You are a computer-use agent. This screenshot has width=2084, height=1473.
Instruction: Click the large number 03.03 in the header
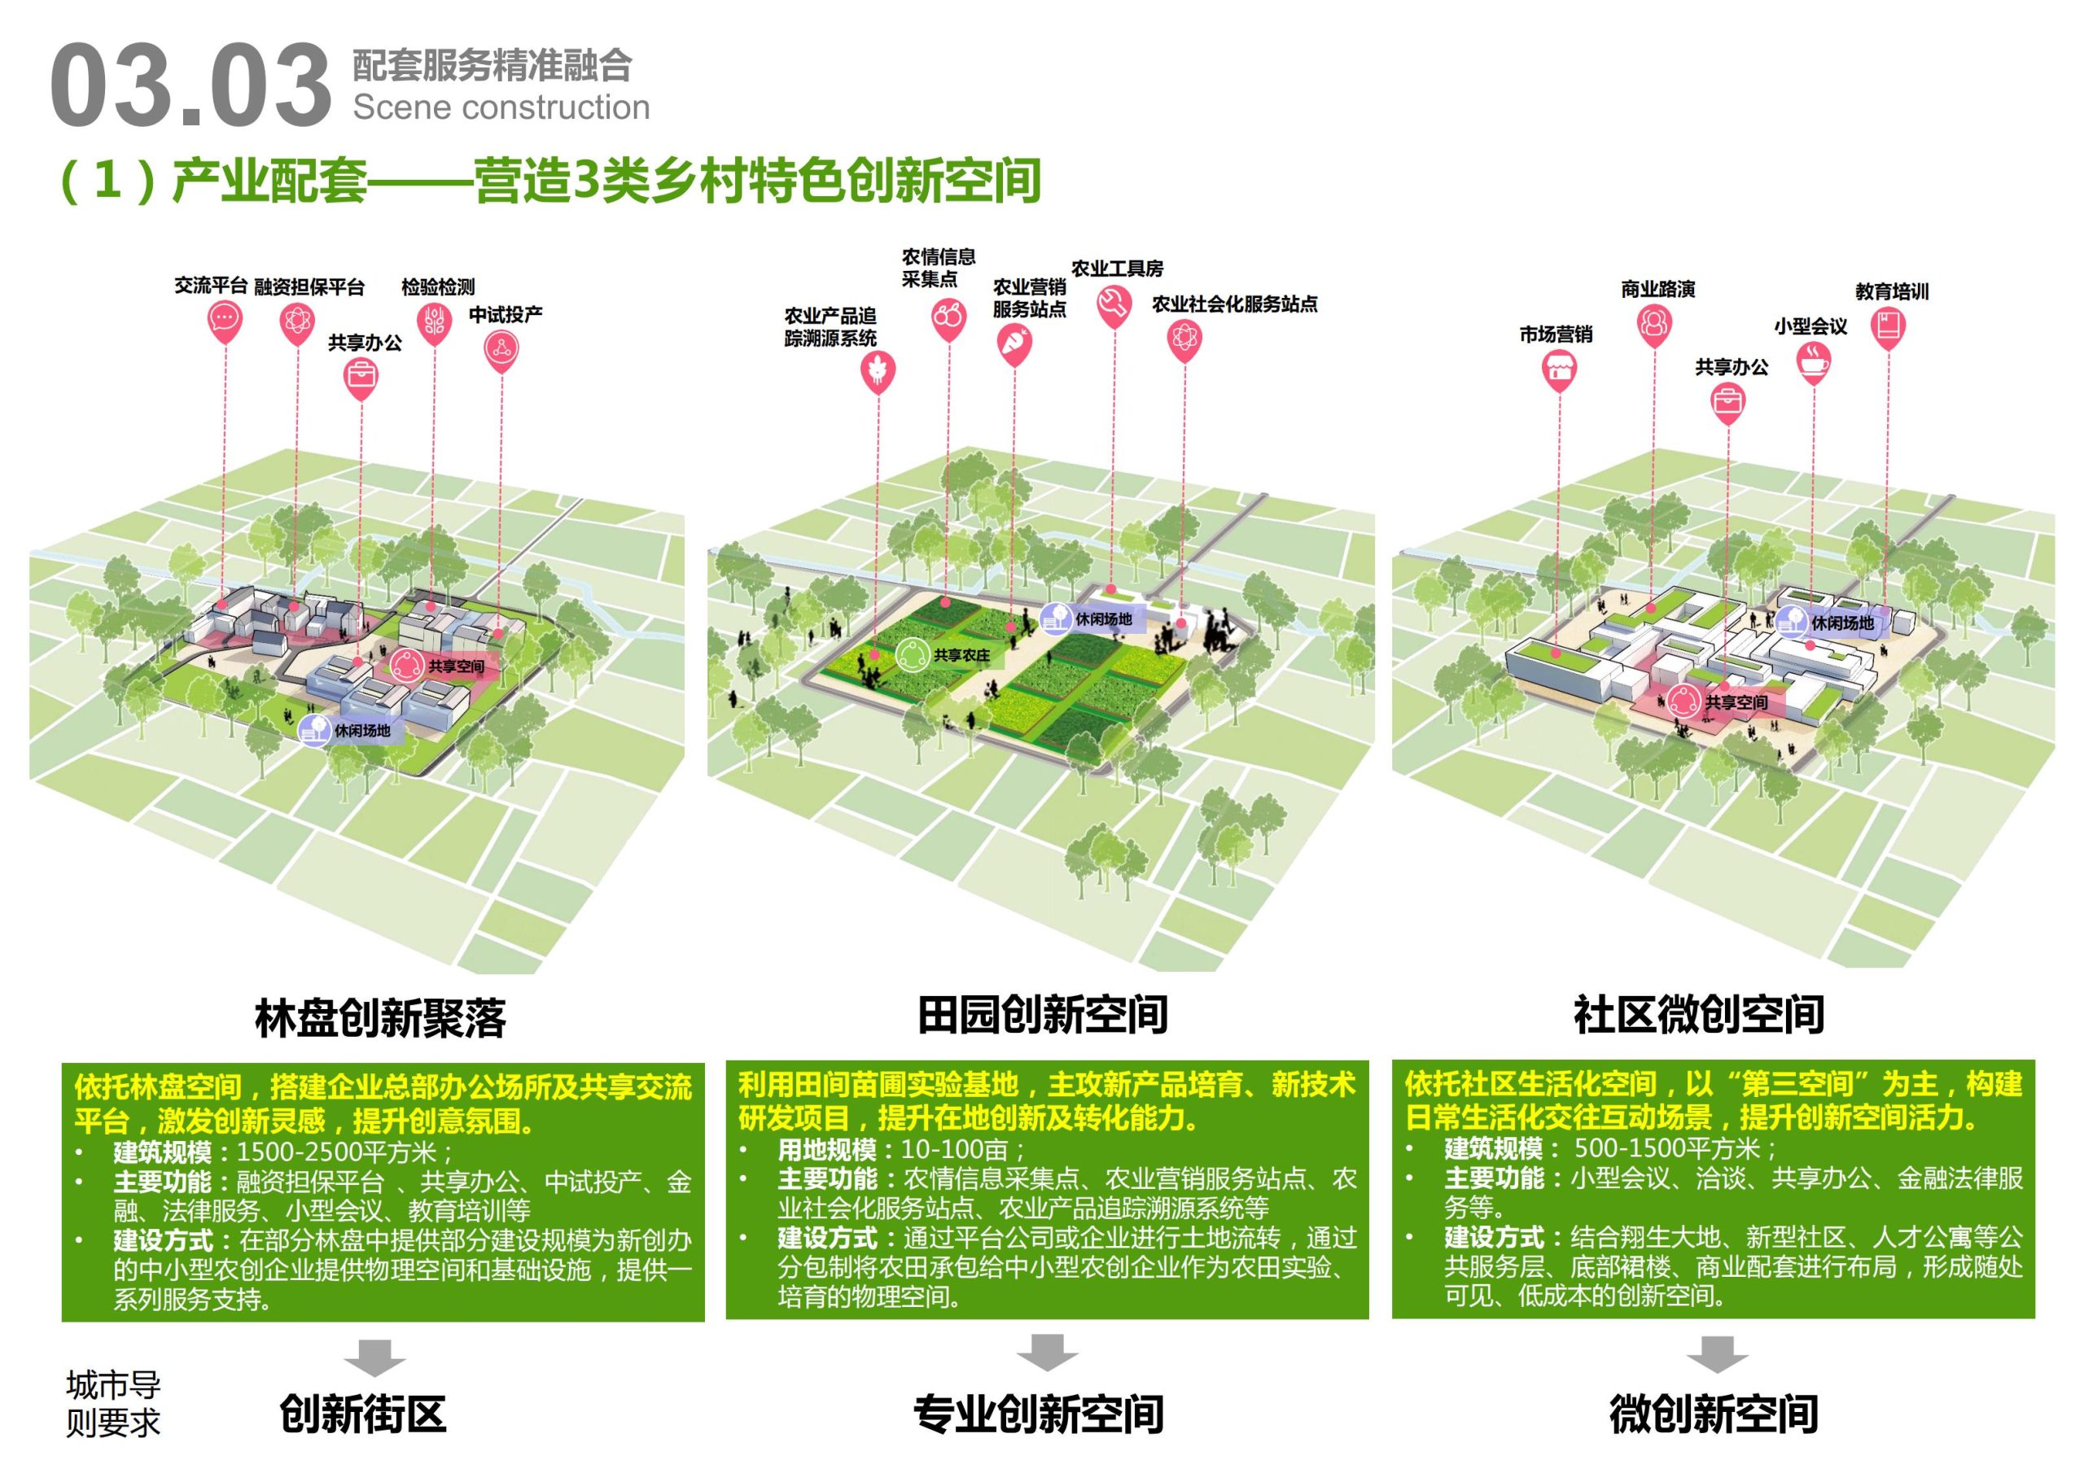[190, 86]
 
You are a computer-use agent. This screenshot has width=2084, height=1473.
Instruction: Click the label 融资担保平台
[309, 288]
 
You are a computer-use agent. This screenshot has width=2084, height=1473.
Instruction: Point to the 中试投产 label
[506, 315]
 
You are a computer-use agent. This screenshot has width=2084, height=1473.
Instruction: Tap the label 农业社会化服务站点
[1234, 305]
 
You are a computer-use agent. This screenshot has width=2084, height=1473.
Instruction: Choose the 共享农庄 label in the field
[961, 654]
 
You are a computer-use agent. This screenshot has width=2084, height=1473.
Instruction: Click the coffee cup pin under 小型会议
[1813, 362]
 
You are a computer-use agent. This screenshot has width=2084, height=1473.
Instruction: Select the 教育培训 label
[1892, 291]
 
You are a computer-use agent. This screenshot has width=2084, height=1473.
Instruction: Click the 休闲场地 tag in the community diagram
[1841, 623]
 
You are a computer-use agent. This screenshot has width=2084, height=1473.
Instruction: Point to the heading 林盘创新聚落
[380, 1018]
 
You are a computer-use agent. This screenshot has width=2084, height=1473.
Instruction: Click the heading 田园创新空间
[1042, 1015]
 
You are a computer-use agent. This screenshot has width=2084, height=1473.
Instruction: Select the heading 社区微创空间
[1698, 1015]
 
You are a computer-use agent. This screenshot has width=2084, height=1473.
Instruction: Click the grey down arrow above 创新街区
[374, 1357]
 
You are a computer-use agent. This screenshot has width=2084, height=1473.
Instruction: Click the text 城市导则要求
[112, 1403]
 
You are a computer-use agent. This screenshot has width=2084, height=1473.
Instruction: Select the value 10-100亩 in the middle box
[955, 1150]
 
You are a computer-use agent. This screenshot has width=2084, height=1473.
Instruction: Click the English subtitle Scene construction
[501, 107]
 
